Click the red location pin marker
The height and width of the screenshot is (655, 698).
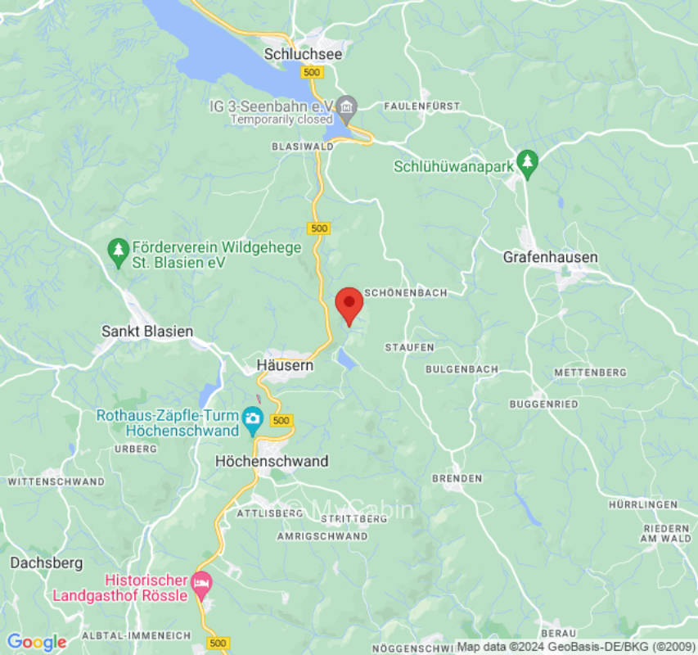point(349,305)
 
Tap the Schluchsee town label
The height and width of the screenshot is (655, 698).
point(303,54)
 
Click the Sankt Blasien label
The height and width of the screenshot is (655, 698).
point(147,332)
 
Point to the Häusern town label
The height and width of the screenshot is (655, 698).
point(285,366)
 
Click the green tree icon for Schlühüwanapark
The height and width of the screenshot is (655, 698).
point(528,164)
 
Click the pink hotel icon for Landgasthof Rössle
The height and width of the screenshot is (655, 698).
point(200,585)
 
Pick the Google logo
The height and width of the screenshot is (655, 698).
point(36,643)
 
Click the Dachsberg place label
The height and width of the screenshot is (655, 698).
point(46,563)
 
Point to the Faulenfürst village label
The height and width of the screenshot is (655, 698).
point(421,106)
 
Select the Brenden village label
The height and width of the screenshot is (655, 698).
point(457,477)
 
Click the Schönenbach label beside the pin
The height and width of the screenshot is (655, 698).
point(405,292)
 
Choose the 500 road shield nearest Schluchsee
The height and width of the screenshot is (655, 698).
point(311,73)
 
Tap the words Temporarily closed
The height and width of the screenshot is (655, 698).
point(282,120)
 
